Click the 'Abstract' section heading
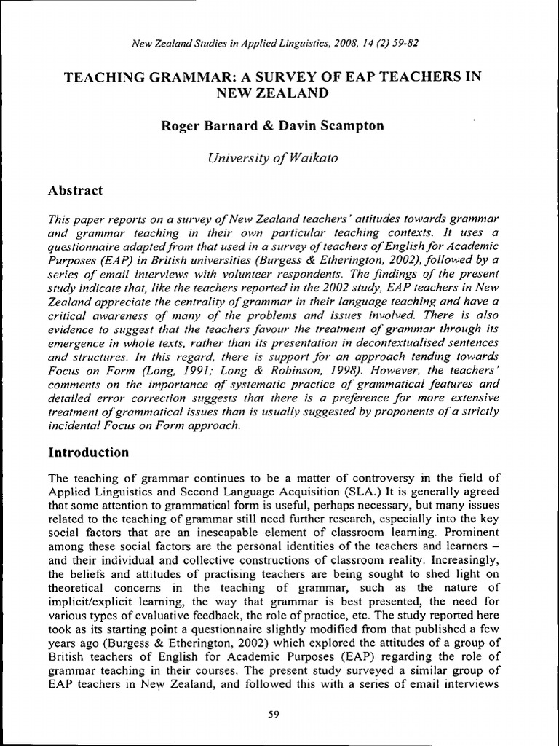75,190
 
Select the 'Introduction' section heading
88,452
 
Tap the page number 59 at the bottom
274,715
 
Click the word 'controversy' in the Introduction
390,478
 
